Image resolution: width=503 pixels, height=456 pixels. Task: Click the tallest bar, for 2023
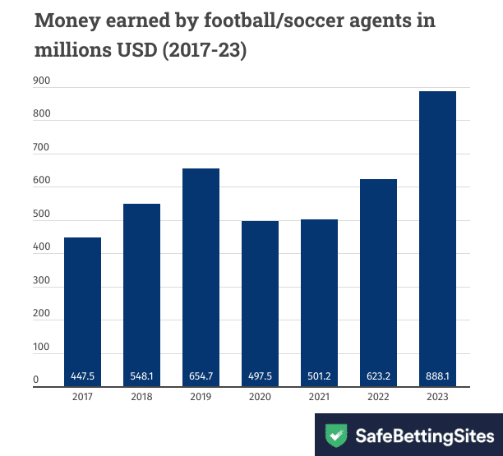click(437, 238)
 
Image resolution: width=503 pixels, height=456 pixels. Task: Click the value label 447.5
click(82, 376)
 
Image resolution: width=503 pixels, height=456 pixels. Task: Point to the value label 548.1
click(141, 376)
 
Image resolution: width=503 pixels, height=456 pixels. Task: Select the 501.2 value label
click(319, 376)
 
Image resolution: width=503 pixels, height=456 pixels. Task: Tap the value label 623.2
click(378, 376)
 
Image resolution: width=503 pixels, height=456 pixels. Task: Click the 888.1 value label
click(437, 376)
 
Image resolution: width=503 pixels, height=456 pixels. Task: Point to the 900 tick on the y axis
click(42, 81)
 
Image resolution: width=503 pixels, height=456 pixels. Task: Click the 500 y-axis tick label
click(42, 215)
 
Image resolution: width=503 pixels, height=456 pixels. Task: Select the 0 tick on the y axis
click(36, 380)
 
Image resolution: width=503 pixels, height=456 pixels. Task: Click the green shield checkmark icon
click(335, 434)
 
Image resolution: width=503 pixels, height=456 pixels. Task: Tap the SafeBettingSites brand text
click(424, 434)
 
